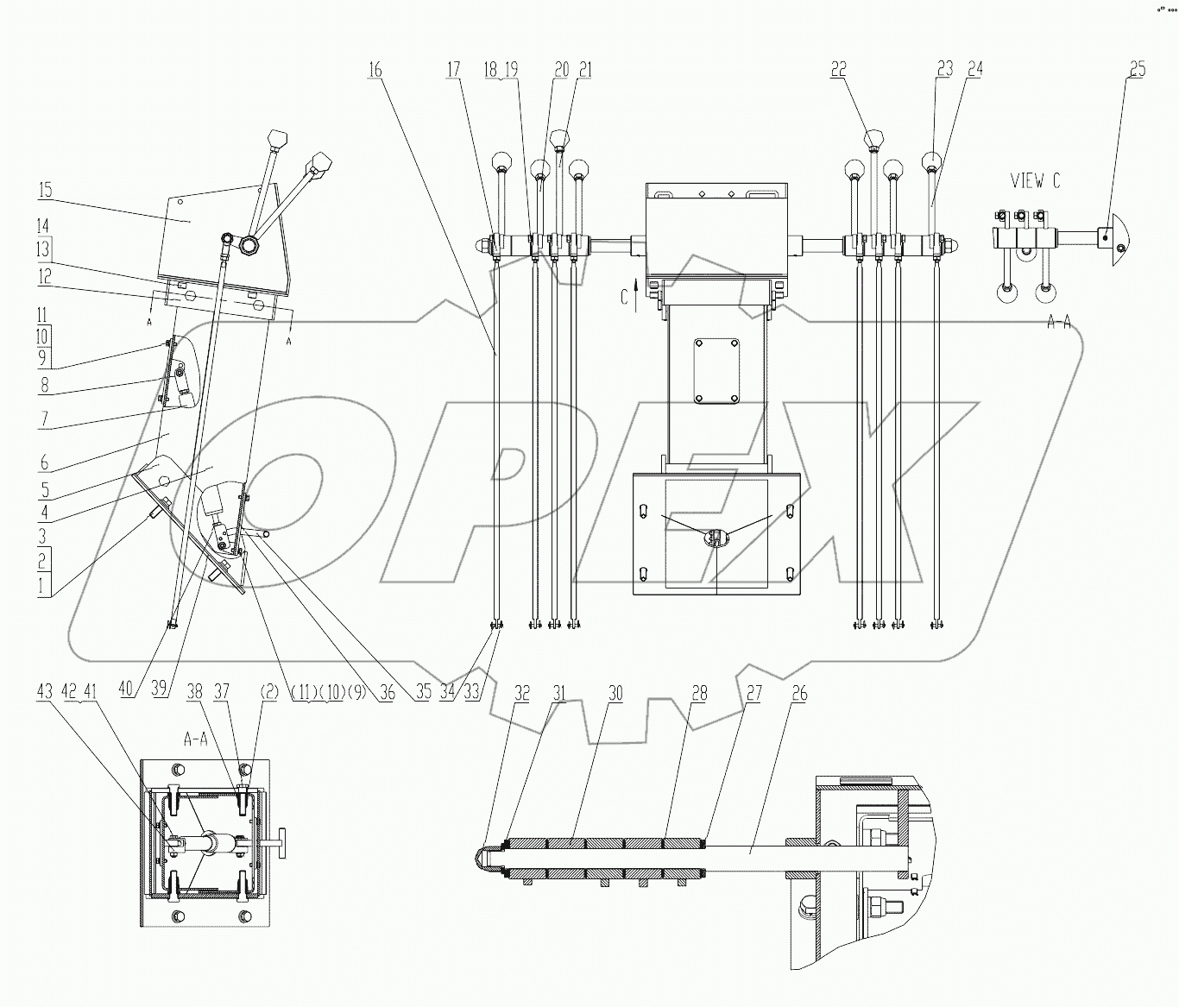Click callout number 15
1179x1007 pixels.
pos(45,190)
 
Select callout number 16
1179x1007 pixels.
pos(375,70)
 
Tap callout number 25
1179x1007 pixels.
pos(1138,70)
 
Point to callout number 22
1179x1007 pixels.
pos(838,70)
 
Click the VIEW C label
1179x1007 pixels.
pos(1036,181)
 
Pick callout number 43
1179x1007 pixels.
pos(45,692)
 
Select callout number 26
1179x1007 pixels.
pos(800,694)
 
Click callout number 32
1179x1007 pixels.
pos(522,694)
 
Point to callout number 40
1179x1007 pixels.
pos(126,689)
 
